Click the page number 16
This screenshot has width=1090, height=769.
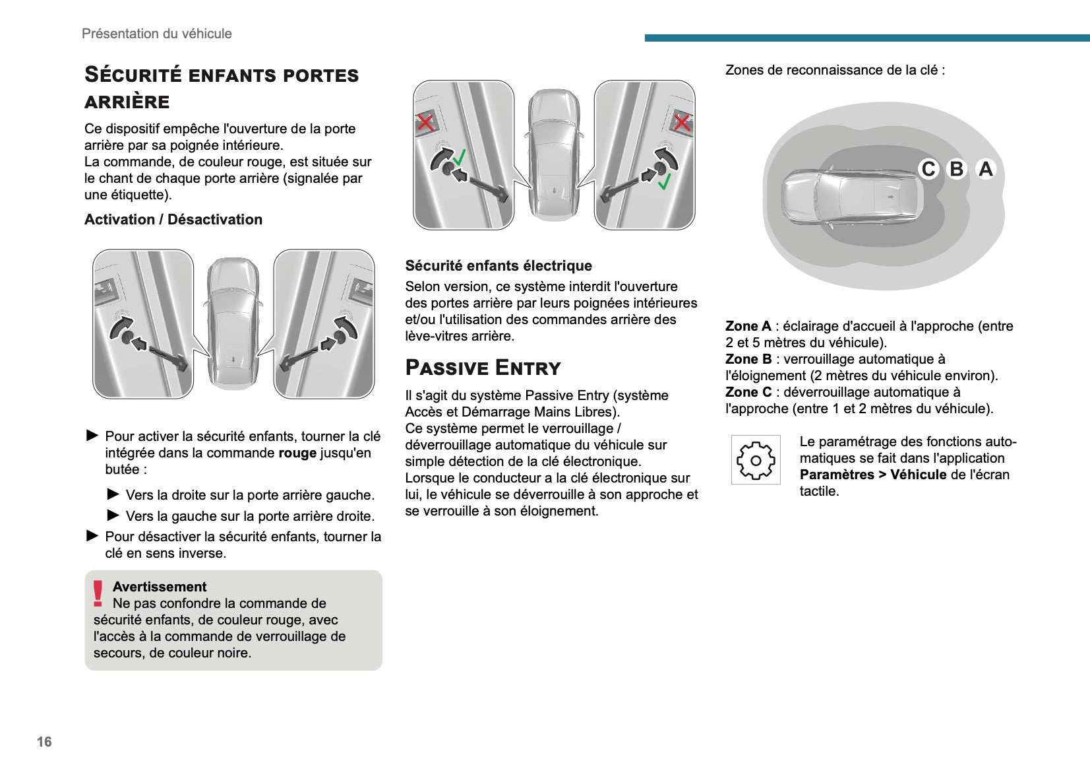pyautogui.click(x=44, y=741)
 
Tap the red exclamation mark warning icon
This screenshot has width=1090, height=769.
pyautogui.click(x=98, y=593)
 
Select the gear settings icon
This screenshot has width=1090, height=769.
pyautogui.click(x=756, y=460)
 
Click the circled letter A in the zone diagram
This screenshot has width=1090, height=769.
pyautogui.click(x=985, y=169)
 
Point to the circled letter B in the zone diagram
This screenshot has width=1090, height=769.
pyautogui.click(x=956, y=169)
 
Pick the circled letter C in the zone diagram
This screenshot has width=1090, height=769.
pyautogui.click(x=928, y=169)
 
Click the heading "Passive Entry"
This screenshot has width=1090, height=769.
pyautogui.click(x=483, y=368)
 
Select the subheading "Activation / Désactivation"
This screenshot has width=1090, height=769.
pyautogui.click(x=173, y=219)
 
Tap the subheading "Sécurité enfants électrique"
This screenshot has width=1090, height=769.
pyautogui.click(x=499, y=265)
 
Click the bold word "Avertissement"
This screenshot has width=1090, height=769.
pyautogui.click(x=160, y=587)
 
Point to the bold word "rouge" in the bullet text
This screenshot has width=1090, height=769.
pyautogui.click(x=297, y=453)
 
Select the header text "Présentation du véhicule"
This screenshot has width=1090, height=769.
pyautogui.click(x=157, y=34)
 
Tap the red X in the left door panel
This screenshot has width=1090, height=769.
pyautogui.click(x=425, y=122)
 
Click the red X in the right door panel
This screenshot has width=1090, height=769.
pyautogui.click(x=682, y=122)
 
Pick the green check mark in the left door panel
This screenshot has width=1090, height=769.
pyautogui.click(x=460, y=157)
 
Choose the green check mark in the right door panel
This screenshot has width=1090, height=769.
pyautogui.click(x=665, y=181)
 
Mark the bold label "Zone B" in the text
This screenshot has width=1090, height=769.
pyautogui.click(x=748, y=359)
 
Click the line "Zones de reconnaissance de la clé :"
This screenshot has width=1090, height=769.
pyautogui.click(x=835, y=70)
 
